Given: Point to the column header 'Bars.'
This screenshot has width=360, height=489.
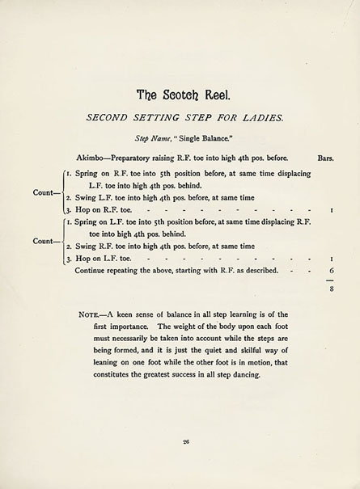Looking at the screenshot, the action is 326,158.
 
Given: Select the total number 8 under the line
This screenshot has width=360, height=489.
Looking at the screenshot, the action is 332,286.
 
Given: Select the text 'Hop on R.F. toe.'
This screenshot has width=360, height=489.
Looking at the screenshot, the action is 97,209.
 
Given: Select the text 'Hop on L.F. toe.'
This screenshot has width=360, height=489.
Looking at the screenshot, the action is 97,259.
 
